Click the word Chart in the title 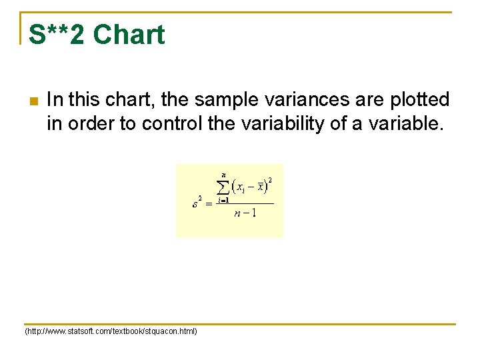pyautogui.click(x=129, y=35)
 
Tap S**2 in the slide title pyautogui.click(x=57, y=35)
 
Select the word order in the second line pyautogui.click(x=92, y=124)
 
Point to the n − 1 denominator pyautogui.click(x=245, y=213)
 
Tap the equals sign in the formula pyautogui.click(x=208, y=203)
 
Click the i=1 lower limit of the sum pyautogui.click(x=223, y=200)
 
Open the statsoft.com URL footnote pyautogui.click(x=111, y=331)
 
